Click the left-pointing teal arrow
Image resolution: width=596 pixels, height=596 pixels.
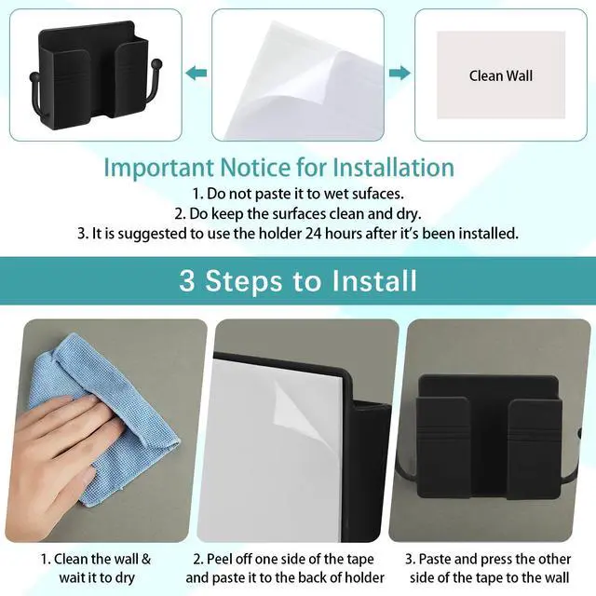[x=196, y=73]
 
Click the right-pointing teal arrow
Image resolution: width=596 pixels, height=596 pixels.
[x=400, y=73]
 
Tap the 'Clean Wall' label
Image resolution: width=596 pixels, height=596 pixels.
[x=501, y=75]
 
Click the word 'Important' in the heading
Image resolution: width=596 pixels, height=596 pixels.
[x=158, y=168]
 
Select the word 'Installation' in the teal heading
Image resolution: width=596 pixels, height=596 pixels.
[x=393, y=168]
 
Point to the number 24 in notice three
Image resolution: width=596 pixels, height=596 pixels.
[x=313, y=233]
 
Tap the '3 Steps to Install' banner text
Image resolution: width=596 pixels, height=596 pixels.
[x=298, y=280]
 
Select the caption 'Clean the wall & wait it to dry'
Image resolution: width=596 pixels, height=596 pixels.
[x=96, y=568]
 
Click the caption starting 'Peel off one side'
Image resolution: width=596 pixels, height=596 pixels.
[x=285, y=568]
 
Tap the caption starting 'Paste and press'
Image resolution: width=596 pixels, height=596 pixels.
[x=488, y=568]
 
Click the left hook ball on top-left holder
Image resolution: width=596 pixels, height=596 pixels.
[x=34, y=78]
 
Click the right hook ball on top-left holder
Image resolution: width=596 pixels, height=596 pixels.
[x=156, y=63]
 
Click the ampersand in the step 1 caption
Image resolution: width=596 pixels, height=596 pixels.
[x=146, y=559]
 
